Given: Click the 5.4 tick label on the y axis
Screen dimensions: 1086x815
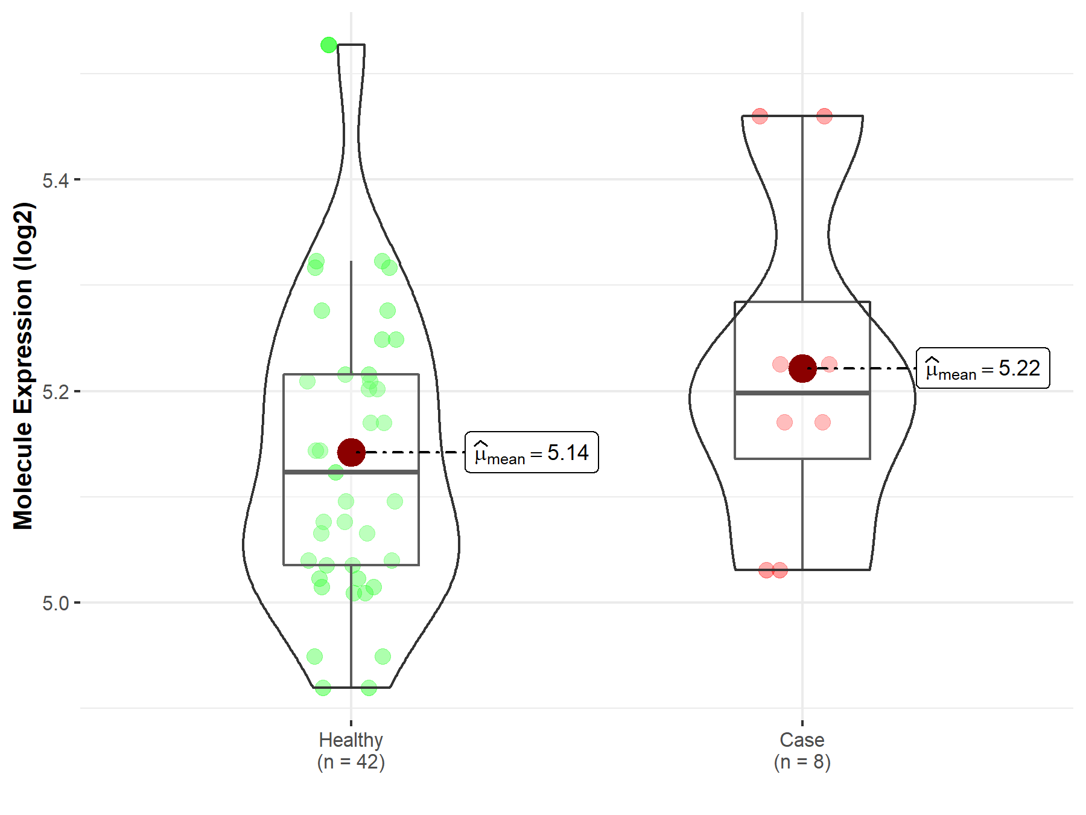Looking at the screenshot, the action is (x=56, y=180).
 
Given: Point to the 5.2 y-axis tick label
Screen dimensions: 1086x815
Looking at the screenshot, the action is (x=56, y=391).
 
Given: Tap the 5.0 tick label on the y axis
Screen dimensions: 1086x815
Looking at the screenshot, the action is (x=56, y=602).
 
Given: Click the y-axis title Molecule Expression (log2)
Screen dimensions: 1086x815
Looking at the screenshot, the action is (x=23, y=366).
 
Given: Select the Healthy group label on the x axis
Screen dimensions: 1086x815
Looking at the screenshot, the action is (x=351, y=740).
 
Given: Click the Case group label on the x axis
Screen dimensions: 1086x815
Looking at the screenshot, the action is (x=802, y=740).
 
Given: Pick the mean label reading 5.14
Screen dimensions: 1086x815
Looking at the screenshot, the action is (x=532, y=452).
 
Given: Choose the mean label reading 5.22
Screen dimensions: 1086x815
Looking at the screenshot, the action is (x=983, y=368).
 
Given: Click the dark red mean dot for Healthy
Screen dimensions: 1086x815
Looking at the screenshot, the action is (x=351, y=452).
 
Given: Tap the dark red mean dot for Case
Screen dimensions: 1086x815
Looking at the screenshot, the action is (x=802, y=368).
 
